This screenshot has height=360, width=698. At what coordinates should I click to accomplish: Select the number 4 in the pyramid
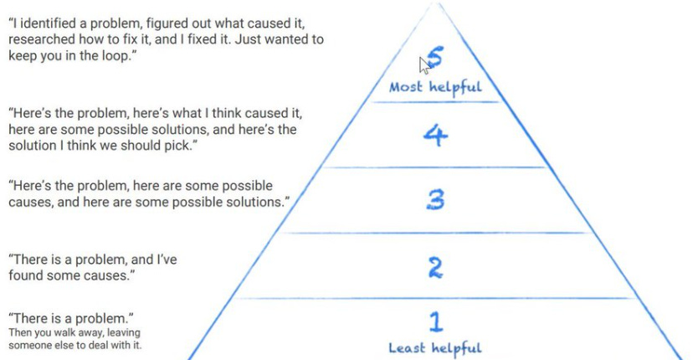pyautogui.click(x=434, y=135)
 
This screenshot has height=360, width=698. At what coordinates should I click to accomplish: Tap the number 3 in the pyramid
pyautogui.click(x=434, y=199)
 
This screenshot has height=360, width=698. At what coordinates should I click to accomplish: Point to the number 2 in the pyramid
pyautogui.click(x=435, y=267)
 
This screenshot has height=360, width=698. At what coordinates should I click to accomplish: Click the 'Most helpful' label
pyautogui.click(x=435, y=86)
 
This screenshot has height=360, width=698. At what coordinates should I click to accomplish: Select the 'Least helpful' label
pyautogui.click(x=435, y=347)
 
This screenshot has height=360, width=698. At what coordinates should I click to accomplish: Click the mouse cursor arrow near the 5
pyautogui.click(x=423, y=65)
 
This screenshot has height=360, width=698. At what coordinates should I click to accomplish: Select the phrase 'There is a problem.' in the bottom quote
pyautogui.click(x=71, y=318)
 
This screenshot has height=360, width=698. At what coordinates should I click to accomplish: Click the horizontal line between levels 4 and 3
pyautogui.click(x=435, y=167)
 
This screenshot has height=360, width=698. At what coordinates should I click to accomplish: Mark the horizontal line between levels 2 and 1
pyautogui.click(x=435, y=298)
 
